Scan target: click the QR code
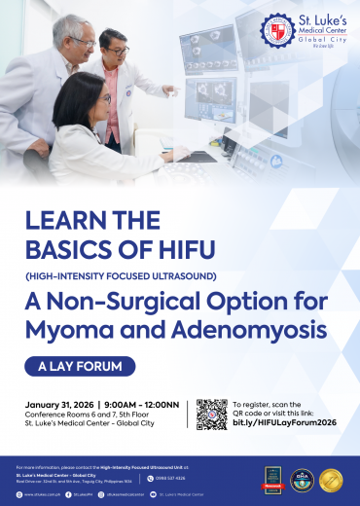tap(210, 414)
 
